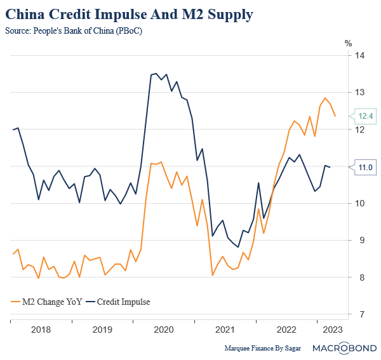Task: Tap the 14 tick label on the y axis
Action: point(360,56)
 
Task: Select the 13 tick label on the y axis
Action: point(360,93)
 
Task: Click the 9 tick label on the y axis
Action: point(360,241)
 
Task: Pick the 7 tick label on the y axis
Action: point(360,314)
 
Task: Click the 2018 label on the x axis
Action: point(41,330)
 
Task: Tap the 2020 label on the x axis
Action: point(164,330)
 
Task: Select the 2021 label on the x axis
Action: point(225,330)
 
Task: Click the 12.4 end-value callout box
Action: point(365,116)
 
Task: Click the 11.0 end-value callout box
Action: point(365,167)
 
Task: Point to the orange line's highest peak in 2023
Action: point(325,98)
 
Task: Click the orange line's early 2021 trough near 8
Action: point(212,275)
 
